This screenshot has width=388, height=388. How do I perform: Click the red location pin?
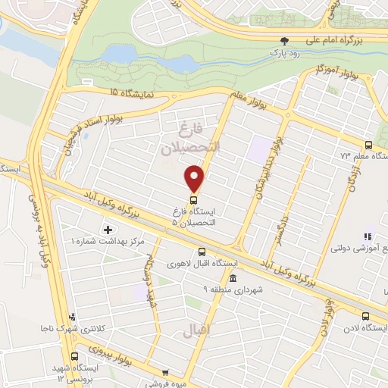point(195,178)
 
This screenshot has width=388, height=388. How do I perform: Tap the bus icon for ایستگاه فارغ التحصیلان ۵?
point(194,201)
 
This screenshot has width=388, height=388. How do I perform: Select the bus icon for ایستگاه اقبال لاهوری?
point(202,252)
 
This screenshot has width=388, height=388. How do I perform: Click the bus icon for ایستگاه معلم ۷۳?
point(369,145)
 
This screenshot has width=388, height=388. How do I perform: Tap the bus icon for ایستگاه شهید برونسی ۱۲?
point(74,356)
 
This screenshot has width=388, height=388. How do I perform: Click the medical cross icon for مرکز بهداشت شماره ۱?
point(108,229)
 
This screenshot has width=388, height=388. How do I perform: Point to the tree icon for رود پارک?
point(285,41)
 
